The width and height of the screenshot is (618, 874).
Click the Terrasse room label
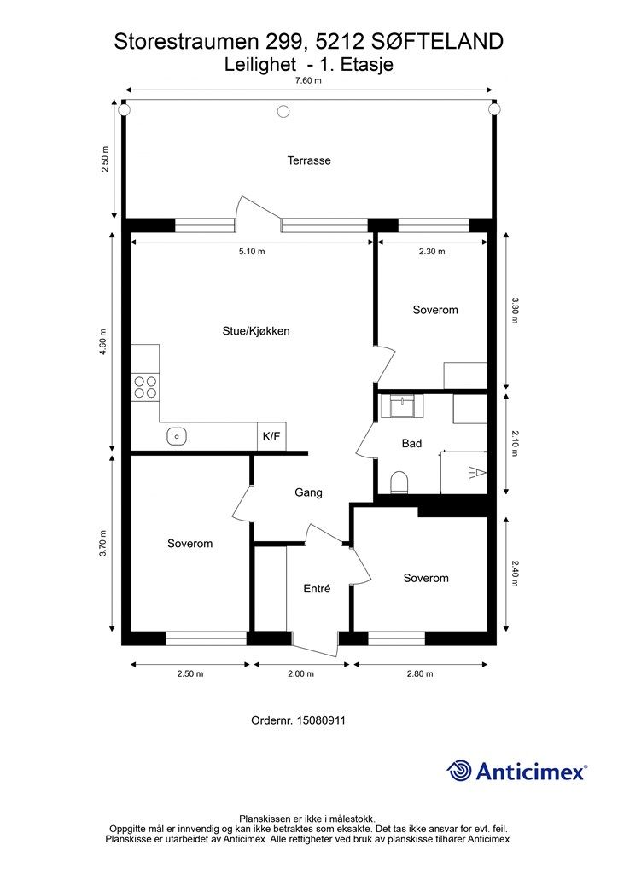[309, 160]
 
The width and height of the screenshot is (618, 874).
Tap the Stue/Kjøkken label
[256, 331]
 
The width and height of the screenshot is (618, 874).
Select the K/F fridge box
[271, 436]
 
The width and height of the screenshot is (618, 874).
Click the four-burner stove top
[145, 387]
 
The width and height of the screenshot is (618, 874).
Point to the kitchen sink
[176, 436]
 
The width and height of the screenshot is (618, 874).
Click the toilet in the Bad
[399, 483]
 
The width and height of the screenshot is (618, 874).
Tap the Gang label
[308, 492]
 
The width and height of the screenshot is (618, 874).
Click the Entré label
[317, 589]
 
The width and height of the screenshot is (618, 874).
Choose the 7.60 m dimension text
[308, 80]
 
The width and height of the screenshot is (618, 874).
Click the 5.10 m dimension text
[252, 252]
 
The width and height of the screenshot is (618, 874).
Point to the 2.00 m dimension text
[301, 674]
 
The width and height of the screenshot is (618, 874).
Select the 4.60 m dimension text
[103, 342]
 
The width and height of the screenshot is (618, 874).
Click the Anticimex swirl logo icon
[460, 772]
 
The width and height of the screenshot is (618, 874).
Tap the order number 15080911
[321, 720]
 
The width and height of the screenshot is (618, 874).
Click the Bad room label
[411, 444]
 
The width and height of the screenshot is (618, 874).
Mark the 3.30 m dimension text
[515, 311]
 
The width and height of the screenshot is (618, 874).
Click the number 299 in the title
[283, 42]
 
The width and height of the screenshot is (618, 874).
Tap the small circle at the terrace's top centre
[283, 112]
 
